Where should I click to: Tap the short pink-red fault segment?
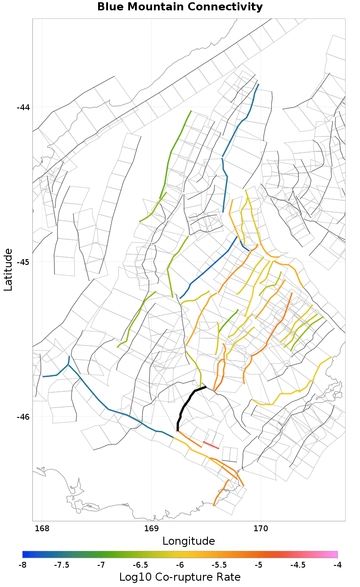(211, 445)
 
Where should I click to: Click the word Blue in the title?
(112, 7)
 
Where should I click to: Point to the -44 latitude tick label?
(23, 108)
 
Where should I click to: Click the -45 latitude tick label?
(23, 262)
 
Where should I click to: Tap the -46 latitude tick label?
(23, 417)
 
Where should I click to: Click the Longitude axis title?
(189, 541)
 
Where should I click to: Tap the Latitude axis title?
(8, 270)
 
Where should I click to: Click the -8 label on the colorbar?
(22, 565)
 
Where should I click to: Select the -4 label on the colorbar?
(337, 565)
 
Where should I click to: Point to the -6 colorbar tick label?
(180, 565)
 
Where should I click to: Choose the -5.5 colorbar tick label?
(219, 565)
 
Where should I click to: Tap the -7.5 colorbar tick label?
(62, 565)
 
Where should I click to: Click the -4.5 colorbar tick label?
(298, 565)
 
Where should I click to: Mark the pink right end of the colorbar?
(335, 554)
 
